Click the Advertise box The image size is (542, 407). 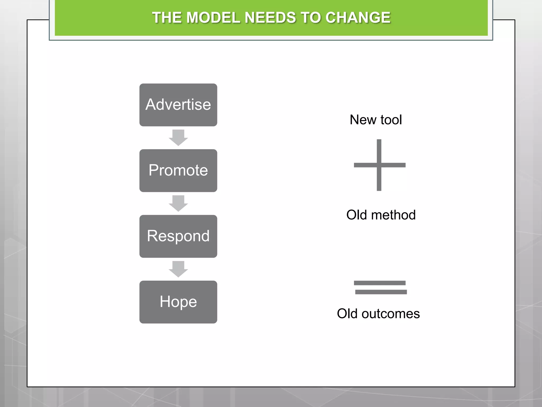click(x=178, y=105)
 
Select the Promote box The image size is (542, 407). click(x=178, y=170)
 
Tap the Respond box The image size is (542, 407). click(x=178, y=236)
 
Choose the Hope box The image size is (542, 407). click(x=178, y=302)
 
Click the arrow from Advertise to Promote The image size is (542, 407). click(x=178, y=138)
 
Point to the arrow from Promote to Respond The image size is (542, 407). click(x=178, y=203)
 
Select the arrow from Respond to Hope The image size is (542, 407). click(x=178, y=269)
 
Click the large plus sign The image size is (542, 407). click(x=379, y=165)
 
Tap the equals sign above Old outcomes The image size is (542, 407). click(x=380, y=287)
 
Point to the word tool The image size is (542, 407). click(x=391, y=120)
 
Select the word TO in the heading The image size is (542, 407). click(x=310, y=18)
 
